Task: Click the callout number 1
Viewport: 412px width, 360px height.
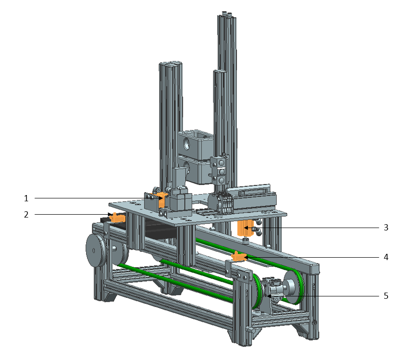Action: pyautogui.click(x=27, y=197)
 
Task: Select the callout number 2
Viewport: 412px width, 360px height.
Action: pyautogui.click(x=27, y=215)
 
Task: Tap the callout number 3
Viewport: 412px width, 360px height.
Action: pyautogui.click(x=386, y=228)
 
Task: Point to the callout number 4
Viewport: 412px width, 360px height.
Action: pyautogui.click(x=386, y=257)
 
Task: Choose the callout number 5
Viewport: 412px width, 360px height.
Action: pyautogui.click(x=386, y=296)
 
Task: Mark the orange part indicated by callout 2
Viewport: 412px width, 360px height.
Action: pyautogui.click(x=117, y=218)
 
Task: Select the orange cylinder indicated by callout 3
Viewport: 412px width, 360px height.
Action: pyautogui.click(x=245, y=228)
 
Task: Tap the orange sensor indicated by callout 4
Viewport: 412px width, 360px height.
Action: pyautogui.click(x=238, y=258)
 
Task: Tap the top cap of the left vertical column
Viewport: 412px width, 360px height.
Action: pyautogui.click(x=170, y=64)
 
